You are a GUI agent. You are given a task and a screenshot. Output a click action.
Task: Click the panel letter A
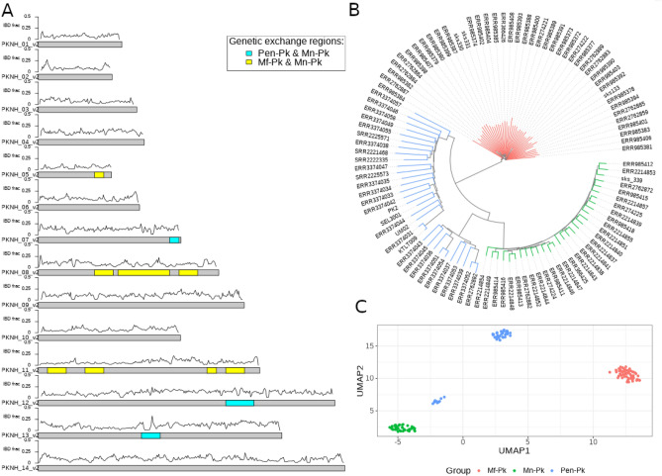coord(8,9)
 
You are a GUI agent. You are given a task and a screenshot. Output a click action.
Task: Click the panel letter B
coord(348,9)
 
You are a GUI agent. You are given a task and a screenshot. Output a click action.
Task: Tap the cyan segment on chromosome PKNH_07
coord(174,240)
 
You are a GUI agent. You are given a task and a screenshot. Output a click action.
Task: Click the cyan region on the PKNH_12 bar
coord(239,403)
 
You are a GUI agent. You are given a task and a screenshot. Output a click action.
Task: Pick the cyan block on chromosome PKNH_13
coord(150,435)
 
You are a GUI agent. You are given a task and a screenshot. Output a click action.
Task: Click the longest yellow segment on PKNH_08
coord(143,272)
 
